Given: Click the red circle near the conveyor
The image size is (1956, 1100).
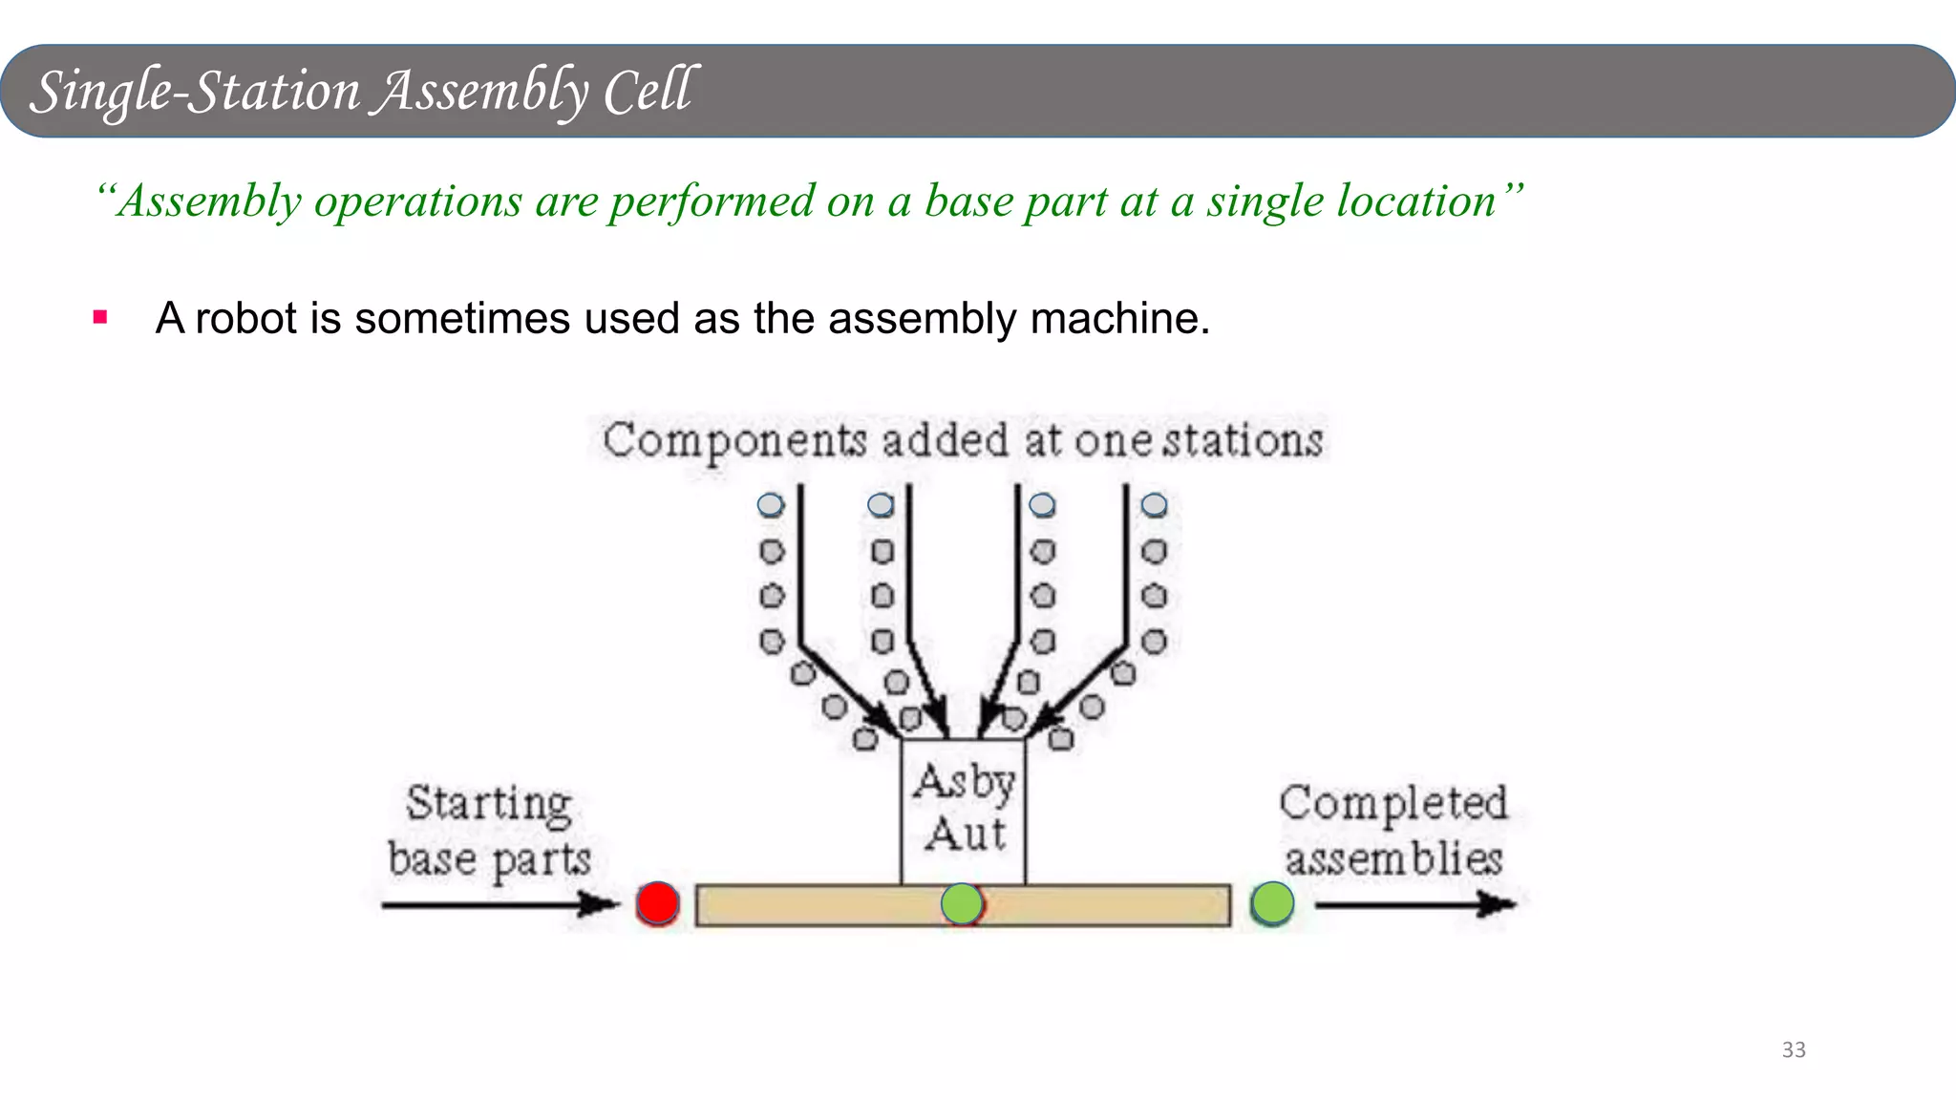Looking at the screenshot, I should tap(657, 903).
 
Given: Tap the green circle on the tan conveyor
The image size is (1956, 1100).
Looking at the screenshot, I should tap(962, 903).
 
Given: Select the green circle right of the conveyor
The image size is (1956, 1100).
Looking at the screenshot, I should tap(1272, 903).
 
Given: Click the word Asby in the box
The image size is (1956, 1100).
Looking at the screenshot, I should tap(964, 782).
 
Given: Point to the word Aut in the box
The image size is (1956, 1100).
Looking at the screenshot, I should tap(965, 835).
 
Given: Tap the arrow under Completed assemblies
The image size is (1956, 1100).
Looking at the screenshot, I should tap(1414, 904).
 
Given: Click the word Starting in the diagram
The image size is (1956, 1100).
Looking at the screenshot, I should tap(489, 803).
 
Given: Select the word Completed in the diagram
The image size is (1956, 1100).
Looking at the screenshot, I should tap(1393, 803).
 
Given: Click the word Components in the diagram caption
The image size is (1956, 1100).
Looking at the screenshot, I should tap(734, 441).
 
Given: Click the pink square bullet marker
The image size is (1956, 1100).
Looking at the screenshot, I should tap(100, 317).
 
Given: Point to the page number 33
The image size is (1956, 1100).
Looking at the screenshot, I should tap(1793, 1050).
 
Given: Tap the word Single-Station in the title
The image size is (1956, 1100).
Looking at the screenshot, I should tap(195, 92).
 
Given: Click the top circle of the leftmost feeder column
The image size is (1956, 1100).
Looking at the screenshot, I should tap(771, 505).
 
